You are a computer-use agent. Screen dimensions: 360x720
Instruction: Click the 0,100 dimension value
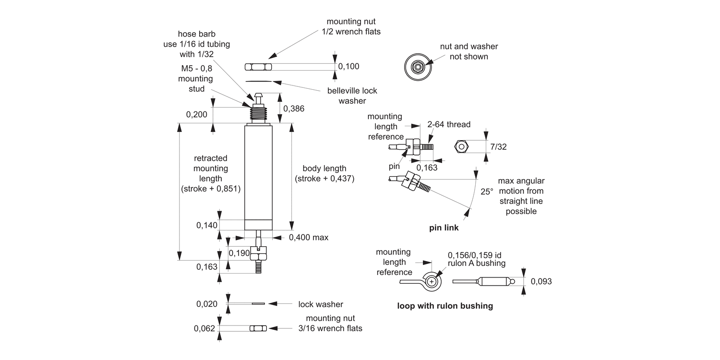pos(349,66)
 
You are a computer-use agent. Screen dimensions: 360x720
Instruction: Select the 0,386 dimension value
pos(294,108)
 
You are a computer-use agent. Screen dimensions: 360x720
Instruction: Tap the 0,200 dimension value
pos(197,114)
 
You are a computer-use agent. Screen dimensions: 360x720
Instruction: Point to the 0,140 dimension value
pos(207,225)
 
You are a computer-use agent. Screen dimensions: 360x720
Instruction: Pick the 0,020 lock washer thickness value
pos(207,303)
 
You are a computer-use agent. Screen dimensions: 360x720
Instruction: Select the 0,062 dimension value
pos(204,328)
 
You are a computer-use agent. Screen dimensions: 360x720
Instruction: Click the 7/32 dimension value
pos(498,146)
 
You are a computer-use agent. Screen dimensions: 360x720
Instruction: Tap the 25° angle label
pos(487,191)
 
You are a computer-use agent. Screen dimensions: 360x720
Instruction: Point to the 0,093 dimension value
pos(541,281)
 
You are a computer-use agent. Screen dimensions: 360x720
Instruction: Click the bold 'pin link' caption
pos(444,228)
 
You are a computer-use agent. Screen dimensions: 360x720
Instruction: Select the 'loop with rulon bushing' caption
pos(445,306)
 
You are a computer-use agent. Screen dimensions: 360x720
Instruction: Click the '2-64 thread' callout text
pos(449,125)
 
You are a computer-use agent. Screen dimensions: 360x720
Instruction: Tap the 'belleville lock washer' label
pos(352,96)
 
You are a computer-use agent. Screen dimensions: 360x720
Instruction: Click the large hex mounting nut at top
pos(258,66)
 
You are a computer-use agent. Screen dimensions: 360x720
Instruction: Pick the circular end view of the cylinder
pos(416,66)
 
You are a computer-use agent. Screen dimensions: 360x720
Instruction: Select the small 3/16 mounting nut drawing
pos(258,328)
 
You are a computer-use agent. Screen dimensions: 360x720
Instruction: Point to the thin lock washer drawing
pos(258,303)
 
